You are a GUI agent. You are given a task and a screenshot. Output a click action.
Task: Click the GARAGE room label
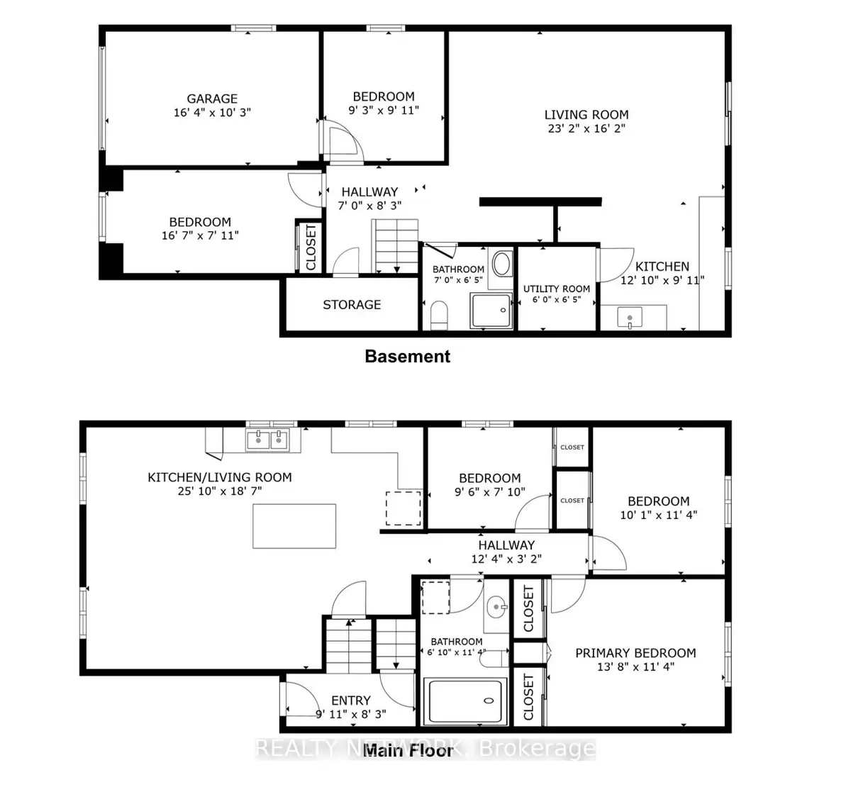click(212, 99)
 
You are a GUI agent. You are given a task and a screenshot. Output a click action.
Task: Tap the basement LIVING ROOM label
click(586, 115)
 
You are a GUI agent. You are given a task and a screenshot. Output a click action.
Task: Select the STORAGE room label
click(352, 305)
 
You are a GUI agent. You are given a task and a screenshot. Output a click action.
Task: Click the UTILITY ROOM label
click(556, 289)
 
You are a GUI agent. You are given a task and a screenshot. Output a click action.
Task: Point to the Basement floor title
click(407, 356)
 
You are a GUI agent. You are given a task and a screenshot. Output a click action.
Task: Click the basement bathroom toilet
click(439, 315)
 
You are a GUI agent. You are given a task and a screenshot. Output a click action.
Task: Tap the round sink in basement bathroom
click(501, 264)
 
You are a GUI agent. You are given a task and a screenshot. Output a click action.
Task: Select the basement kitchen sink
click(630, 318)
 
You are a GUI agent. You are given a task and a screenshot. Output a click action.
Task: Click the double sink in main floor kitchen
click(267, 440)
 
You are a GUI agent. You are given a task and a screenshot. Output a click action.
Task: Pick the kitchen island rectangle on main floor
click(294, 526)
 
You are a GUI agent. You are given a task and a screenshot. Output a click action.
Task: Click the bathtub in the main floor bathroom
click(465, 701)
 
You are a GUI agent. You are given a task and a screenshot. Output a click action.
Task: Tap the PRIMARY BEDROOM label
click(635, 653)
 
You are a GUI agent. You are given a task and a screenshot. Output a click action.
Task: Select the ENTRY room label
click(351, 701)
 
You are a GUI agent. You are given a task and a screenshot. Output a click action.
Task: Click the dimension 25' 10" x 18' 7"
click(220, 491)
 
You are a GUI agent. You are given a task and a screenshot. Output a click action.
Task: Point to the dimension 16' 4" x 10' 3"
click(212, 112)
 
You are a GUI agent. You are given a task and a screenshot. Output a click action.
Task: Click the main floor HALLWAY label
click(506, 545)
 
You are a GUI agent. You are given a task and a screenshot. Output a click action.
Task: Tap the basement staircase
click(394, 246)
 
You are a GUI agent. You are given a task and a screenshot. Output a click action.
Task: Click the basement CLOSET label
click(311, 247)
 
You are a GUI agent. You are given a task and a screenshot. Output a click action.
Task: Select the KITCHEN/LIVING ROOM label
click(220, 477)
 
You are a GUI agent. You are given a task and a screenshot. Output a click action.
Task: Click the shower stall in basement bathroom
click(491, 311)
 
